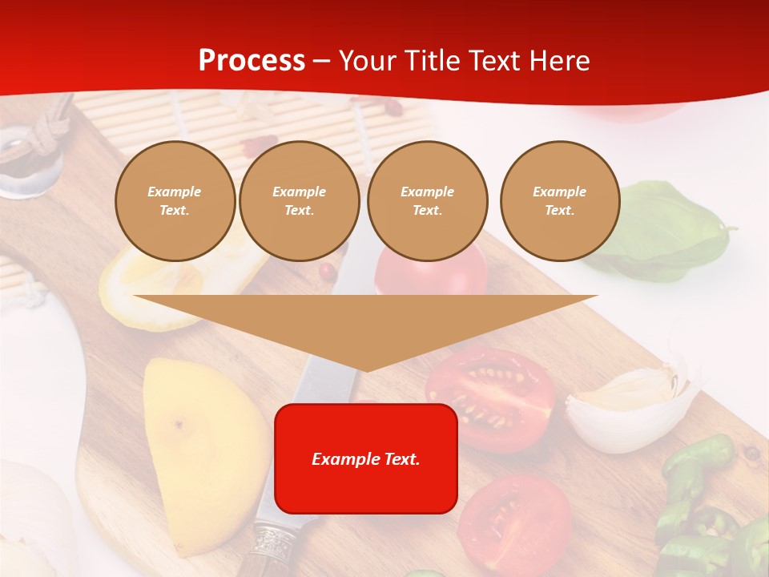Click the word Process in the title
click(252, 61)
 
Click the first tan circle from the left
click(175, 201)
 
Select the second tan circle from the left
click(299, 201)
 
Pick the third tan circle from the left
click(427, 201)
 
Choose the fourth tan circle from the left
click(559, 201)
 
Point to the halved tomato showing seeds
click(490, 397)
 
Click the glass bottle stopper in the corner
click(28, 160)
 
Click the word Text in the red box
click(401, 459)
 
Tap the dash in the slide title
click(321, 61)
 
